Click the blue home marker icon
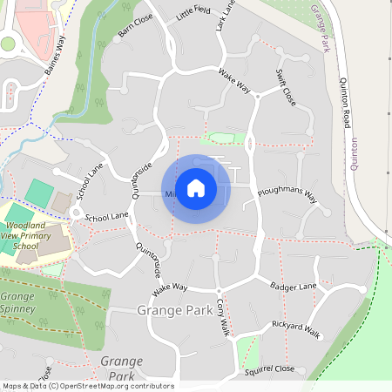coord(196,188)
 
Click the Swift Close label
coord(286,87)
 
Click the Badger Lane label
coord(294,286)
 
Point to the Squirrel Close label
coord(271,369)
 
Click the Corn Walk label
coord(222,315)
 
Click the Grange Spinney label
coord(17,301)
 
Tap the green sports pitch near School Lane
coord(38,193)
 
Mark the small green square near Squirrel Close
coord(247,350)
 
